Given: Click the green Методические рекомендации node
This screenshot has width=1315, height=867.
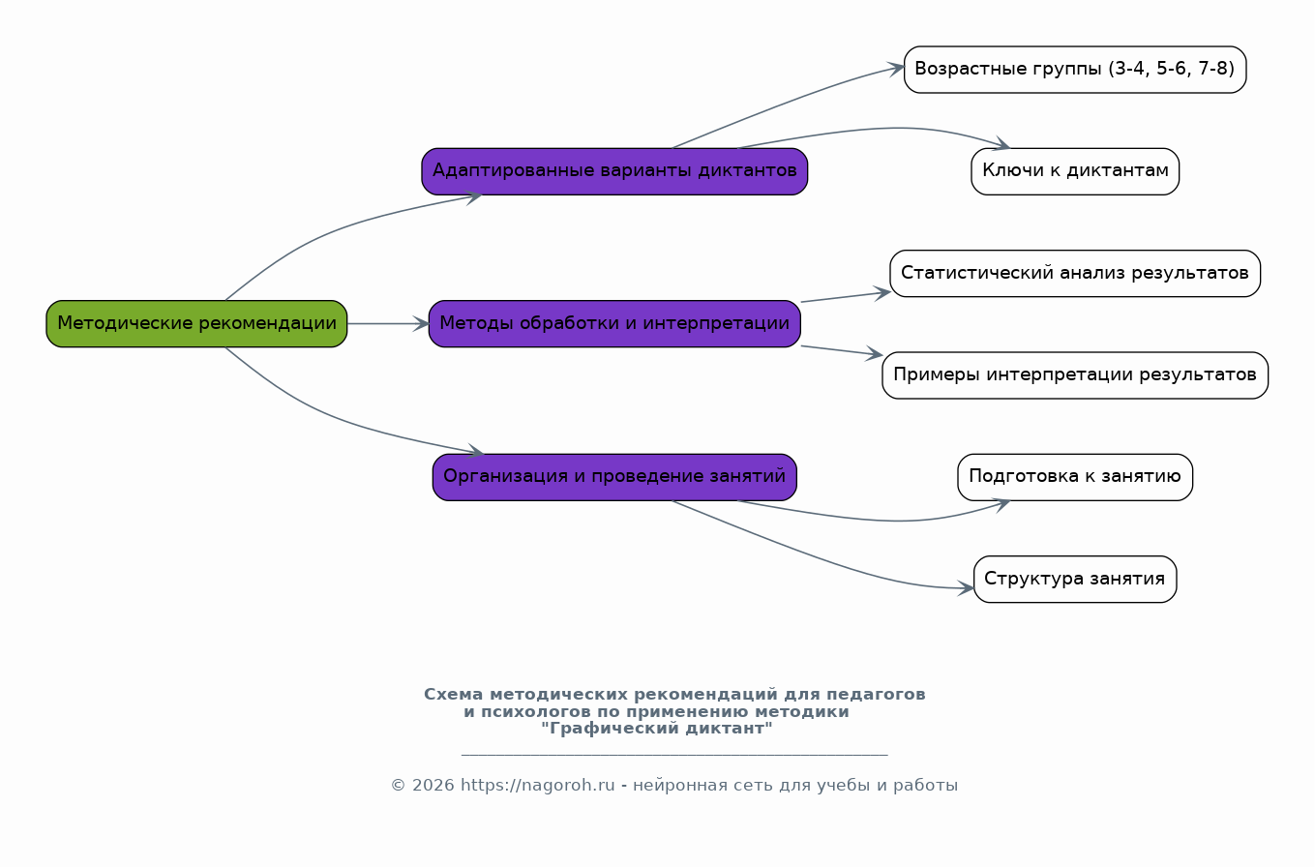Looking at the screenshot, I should point(196,323).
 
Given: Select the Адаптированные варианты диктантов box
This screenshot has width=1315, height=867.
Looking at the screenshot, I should point(614,171).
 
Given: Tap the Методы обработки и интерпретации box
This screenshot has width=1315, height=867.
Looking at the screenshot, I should point(614,323).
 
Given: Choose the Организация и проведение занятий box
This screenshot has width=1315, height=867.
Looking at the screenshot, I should point(614,477).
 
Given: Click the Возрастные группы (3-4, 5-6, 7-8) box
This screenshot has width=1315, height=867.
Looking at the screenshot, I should point(1074,70).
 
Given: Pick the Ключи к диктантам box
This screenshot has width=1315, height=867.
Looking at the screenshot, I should point(1074,171).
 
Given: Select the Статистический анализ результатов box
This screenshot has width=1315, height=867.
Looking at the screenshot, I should point(1074,273).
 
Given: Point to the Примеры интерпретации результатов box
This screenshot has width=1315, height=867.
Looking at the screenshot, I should point(1074,375).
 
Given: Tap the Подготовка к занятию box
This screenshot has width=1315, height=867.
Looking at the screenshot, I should point(1074,477).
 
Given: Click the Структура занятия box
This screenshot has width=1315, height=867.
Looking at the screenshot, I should point(1074,579).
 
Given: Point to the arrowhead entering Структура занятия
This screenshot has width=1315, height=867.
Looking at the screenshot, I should point(967,587).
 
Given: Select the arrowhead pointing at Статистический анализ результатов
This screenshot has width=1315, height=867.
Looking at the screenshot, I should point(882,291).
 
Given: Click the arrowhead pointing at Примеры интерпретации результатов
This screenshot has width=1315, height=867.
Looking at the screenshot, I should point(875,355).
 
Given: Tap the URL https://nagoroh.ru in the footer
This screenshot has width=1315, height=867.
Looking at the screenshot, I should point(537,786).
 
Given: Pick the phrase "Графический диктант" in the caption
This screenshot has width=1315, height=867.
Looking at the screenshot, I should point(657,729).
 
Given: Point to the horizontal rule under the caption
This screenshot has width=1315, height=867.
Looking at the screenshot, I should point(673,755).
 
